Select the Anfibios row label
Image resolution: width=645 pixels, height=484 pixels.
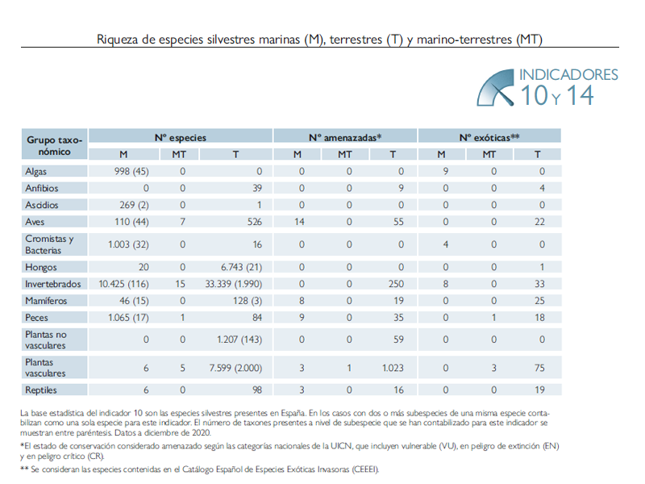coord(42,188)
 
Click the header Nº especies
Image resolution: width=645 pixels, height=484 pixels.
coord(180,138)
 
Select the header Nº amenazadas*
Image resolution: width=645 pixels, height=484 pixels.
coord(345,138)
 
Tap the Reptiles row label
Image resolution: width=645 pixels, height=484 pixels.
coord(41,390)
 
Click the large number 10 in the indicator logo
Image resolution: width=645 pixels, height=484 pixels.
coord(534,96)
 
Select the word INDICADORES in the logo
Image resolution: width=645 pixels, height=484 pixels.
coord(568,75)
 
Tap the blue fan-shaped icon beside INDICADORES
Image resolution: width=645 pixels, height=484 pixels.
coord(494,86)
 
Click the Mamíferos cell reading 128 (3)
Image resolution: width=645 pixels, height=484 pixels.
coord(244,300)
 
